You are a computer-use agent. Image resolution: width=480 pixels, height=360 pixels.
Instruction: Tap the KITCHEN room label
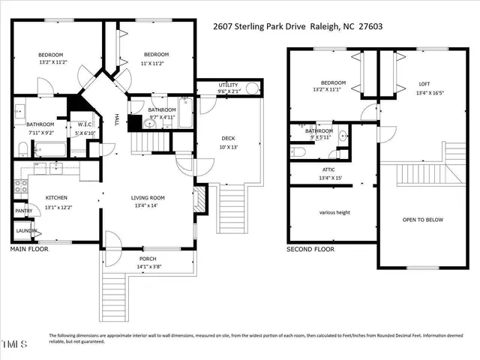(56, 197)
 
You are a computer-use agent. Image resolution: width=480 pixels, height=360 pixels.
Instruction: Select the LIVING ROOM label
(148, 197)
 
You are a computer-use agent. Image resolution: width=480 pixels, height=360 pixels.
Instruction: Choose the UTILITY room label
(228, 85)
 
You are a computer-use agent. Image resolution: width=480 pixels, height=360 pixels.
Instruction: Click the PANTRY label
(23, 211)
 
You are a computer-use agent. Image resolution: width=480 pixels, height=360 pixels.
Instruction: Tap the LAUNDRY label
(26, 232)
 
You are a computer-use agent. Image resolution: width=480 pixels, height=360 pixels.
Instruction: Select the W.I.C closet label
(85, 124)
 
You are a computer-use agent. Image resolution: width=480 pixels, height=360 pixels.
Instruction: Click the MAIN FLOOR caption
(30, 248)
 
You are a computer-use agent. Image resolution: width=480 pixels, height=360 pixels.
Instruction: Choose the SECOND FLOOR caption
(310, 248)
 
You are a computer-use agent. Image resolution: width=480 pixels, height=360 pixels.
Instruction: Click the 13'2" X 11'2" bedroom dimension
(51, 63)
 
